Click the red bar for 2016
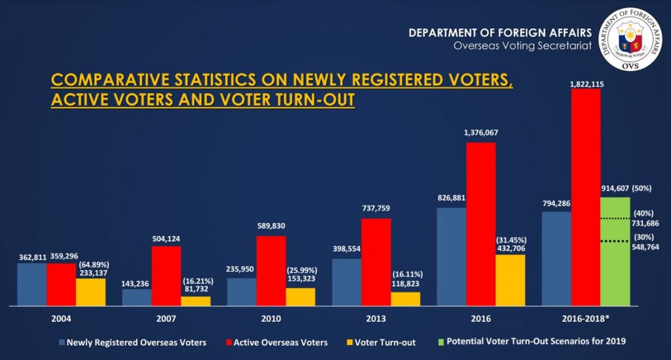point(481,223)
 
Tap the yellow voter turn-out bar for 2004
point(90,291)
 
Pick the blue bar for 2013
point(347,282)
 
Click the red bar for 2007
point(166,275)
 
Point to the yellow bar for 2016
point(510,280)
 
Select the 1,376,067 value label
point(481,133)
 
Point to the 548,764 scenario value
point(646,247)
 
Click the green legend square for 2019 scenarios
point(440,342)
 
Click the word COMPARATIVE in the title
point(107,81)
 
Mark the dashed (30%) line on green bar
point(615,241)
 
